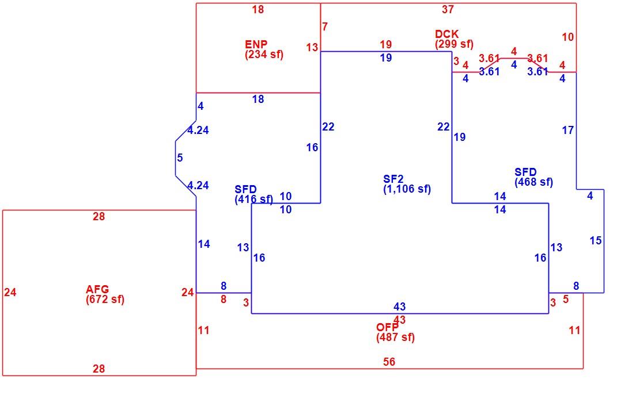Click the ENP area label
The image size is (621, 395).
coord(256,44)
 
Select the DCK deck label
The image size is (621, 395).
coord(447,34)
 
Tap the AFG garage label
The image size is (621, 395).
coord(97,289)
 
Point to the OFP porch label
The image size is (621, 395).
coord(387,327)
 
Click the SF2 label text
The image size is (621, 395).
coord(393,179)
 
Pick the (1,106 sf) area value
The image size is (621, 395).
coord(407,189)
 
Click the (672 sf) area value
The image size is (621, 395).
coord(105,300)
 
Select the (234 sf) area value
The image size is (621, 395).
coord(264,54)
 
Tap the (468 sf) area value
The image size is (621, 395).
coord(534,182)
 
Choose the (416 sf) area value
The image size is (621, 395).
coord(254,200)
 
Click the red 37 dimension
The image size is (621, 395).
coord(448,10)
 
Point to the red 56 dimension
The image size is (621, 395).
coord(389,362)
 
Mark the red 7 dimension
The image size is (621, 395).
coord(325,26)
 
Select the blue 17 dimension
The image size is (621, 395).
coord(568,130)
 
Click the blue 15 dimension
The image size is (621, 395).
coord(596,240)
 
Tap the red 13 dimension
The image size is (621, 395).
coord(312,48)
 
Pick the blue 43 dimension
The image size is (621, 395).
coord(400,306)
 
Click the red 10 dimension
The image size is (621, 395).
coord(568,37)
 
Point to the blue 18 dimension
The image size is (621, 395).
coord(258,99)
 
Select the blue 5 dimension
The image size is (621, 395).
coord(180,158)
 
